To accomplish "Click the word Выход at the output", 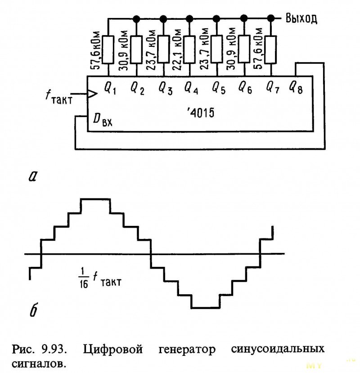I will [301, 18].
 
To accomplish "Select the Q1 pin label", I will [110, 86].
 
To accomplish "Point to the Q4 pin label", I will [191, 87].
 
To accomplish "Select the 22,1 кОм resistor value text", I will [178, 49].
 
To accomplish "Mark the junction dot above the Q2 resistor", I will [135, 18].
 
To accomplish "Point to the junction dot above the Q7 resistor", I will [270, 18].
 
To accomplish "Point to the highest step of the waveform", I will [95, 199].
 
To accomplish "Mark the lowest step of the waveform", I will [205, 308].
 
